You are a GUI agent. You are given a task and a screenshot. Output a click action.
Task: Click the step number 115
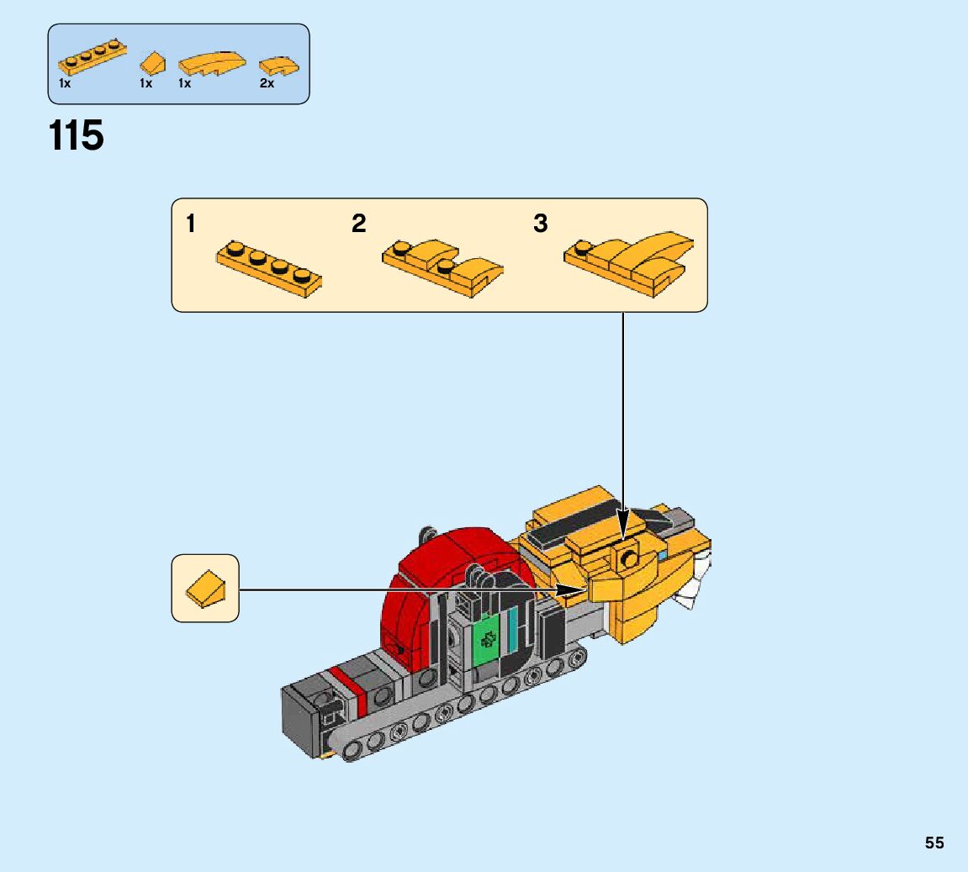pos(77,136)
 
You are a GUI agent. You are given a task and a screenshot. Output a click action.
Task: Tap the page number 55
pos(934,843)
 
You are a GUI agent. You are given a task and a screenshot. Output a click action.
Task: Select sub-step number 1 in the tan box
pos(191,224)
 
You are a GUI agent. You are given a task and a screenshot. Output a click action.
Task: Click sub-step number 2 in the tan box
pos(359,224)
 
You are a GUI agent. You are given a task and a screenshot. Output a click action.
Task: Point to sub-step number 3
pos(541,224)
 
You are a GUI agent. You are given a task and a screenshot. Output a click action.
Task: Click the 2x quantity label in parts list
pos(267,84)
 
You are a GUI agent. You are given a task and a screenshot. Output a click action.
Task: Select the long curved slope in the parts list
pos(212,64)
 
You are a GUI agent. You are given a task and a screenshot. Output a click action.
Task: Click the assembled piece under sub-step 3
pos(631,263)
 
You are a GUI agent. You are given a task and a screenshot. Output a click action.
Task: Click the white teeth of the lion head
pos(696,589)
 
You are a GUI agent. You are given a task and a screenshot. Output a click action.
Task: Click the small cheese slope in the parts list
pos(152,62)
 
